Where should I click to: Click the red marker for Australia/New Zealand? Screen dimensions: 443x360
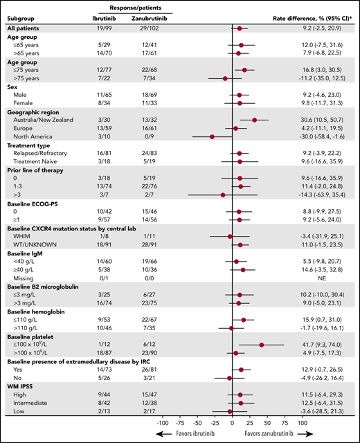pos(255,120)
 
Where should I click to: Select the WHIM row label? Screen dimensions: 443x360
pos(23,236)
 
